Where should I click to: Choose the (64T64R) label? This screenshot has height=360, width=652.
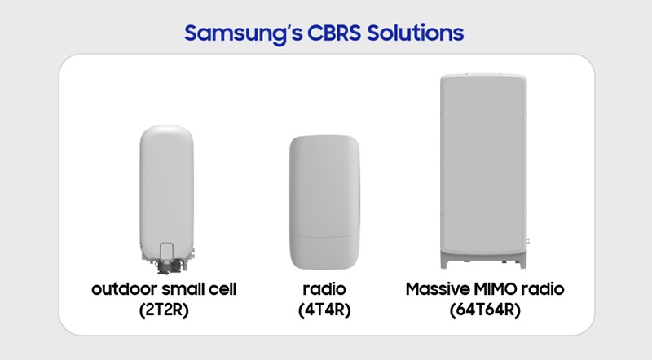[x=481, y=310]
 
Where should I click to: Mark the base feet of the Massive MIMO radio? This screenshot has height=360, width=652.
[x=482, y=262]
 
